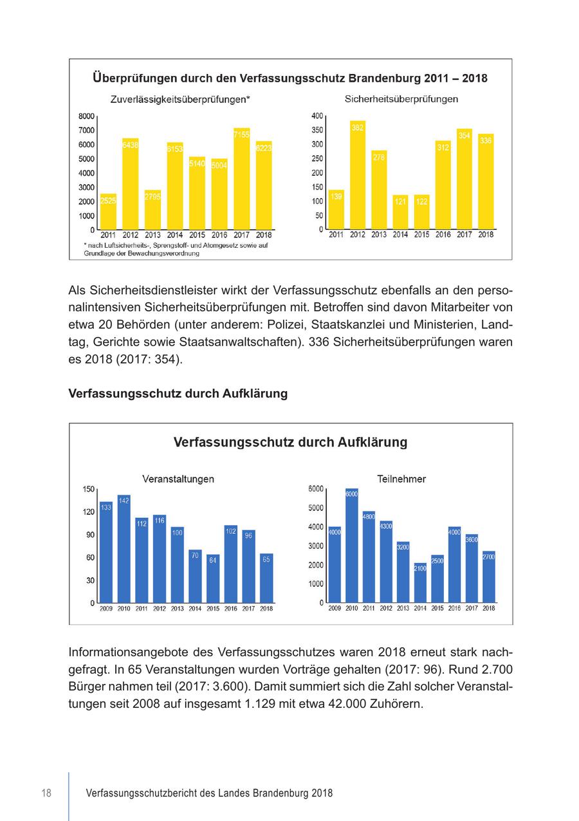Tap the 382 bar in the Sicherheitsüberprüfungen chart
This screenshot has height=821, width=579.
coord(358,175)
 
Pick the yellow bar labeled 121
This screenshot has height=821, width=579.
coord(400,212)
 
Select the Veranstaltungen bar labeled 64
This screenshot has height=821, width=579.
coord(213,578)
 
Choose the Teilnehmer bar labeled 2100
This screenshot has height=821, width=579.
coord(420,583)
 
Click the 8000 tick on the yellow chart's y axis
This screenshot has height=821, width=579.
coord(87,116)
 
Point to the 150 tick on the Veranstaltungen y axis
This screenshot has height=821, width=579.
coord(88,489)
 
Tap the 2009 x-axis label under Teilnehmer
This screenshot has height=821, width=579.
coord(335,608)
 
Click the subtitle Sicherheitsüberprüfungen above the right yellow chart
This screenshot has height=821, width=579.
coord(401,100)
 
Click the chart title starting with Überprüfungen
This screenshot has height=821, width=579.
coord(290,79)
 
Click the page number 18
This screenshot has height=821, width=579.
coord(46,793)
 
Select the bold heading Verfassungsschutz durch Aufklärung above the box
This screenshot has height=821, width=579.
coord(178,394)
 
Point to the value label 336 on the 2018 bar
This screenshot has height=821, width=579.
coord(486,140)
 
